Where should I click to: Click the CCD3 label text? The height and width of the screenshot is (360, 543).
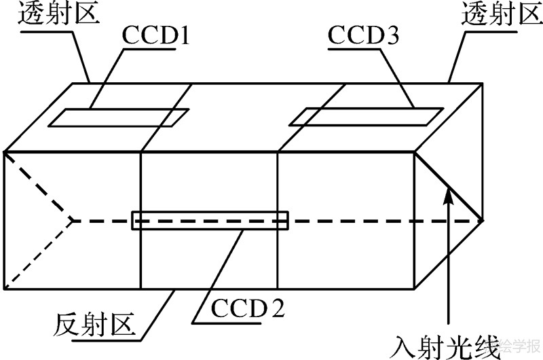[364, 35]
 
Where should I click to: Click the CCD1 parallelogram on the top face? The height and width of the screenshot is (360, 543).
[119, 118]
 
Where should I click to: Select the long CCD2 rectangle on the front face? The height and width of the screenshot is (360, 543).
[210, 219]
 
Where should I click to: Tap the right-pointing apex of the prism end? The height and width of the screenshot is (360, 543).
[482, 219]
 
